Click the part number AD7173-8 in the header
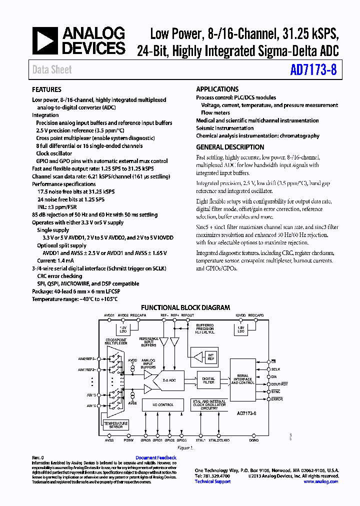(x=313, y=70)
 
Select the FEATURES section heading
(x=47, y=90)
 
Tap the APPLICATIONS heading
(x=217, y=89)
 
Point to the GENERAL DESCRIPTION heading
(x=230, y=147)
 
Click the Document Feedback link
(x=156, y=458)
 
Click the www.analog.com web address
(x=321, y=481)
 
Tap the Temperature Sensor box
(x=115, y=425)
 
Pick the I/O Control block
(x=162, y=404)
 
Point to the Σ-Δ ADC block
(x=170, y=380)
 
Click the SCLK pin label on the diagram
(x=276, y=368)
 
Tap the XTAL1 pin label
(x=200, y=440)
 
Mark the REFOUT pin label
(x=187, y=315)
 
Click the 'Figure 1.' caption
(x=184, y=448)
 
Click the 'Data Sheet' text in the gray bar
(x=52, y=70)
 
